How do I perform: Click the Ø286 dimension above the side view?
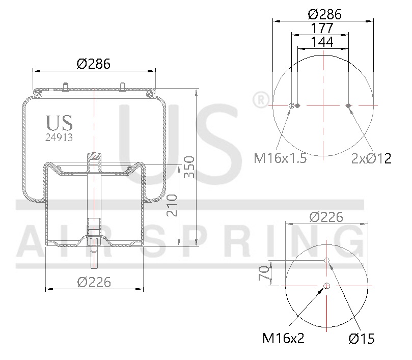pos(94,64)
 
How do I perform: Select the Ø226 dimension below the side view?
pos(94,281)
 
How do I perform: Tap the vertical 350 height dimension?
pos(188,167)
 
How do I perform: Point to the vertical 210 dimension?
pos(172,205)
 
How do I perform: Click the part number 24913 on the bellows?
pos(59,137)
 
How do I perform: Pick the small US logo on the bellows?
pos(59,123)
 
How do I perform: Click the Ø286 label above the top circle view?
pos(323,14)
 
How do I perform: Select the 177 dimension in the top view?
pos(323,28)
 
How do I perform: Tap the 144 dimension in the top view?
pos(323,42)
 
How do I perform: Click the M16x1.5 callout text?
pos(280,158)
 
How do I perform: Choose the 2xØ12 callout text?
pos(371,158)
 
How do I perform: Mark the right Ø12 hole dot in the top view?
pos(348,106)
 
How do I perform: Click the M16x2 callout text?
pos(283,338)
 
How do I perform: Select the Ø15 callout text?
pos(362,338)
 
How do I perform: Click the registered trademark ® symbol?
pos(260,100)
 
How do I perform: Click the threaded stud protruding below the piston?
pos(94,259)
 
